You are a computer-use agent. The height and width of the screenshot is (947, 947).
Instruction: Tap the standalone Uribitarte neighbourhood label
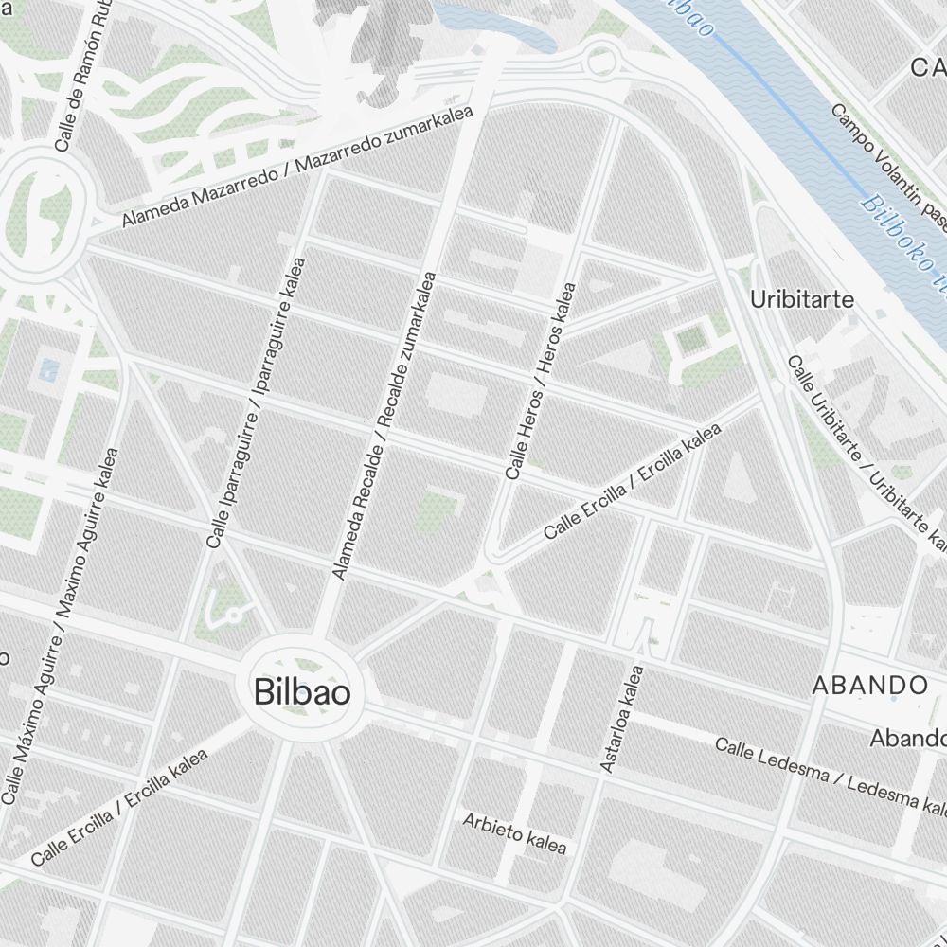pos(801,300)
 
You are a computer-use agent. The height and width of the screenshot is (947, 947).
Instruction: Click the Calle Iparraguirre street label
pos(257,402)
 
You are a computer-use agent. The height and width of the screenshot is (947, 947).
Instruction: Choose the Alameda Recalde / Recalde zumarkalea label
pos(383,426)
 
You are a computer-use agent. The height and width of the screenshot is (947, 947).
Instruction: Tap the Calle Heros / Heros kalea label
pos(540,381)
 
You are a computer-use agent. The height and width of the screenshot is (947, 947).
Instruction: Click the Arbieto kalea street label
pos(514,831)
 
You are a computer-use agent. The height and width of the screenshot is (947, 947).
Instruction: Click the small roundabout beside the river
pos(600,63)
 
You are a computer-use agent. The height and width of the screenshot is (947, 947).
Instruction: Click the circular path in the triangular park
pos(233,615)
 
